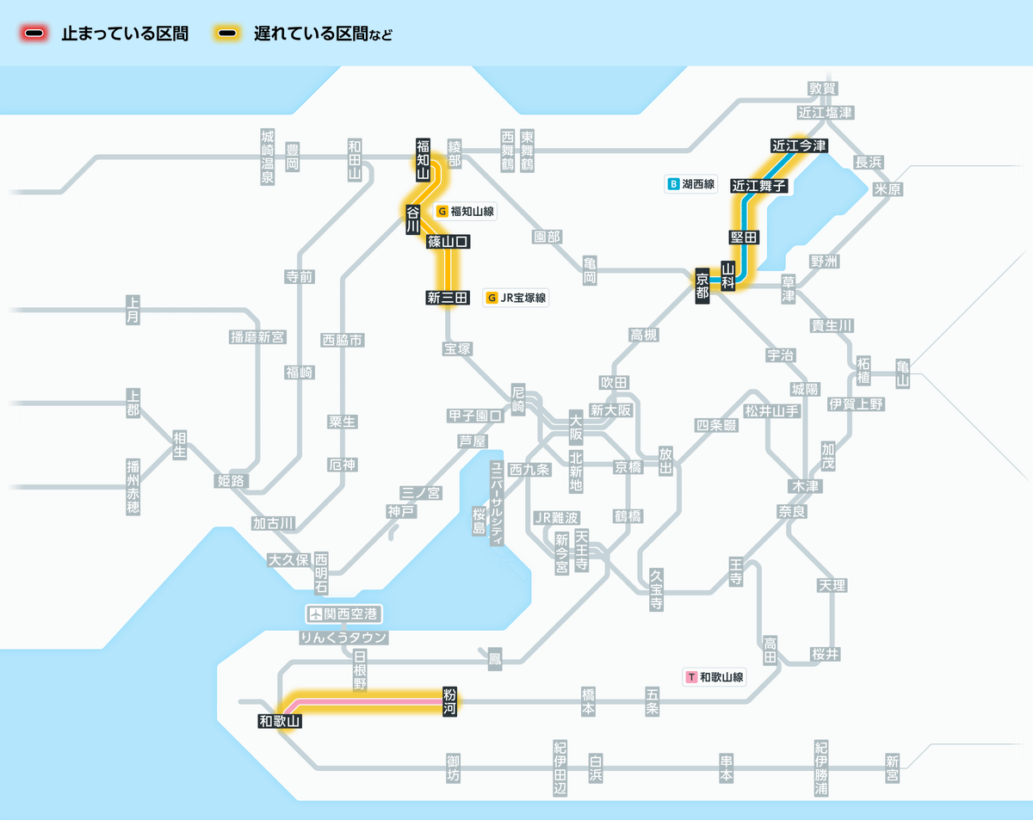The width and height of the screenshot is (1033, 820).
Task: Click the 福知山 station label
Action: point(423,159)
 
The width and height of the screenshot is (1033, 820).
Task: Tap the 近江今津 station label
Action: point(798,145)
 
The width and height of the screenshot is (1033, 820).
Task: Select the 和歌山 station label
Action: point(279,721)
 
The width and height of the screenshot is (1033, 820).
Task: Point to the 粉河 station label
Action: point(449,701)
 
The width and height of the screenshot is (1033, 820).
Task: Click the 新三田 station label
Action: point(448,298)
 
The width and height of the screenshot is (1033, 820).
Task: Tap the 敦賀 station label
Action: point(822,88)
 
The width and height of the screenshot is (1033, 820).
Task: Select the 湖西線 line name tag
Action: point(691,184)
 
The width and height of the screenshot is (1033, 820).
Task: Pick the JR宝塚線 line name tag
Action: point(516,298)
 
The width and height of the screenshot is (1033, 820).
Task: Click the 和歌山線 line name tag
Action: point(714,677)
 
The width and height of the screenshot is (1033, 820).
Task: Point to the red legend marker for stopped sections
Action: point(34,34)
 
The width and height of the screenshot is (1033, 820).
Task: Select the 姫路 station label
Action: point(230,480)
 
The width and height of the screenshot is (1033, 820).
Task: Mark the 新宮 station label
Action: point(892,768)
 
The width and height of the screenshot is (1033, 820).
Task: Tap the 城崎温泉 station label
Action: point(268,157)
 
